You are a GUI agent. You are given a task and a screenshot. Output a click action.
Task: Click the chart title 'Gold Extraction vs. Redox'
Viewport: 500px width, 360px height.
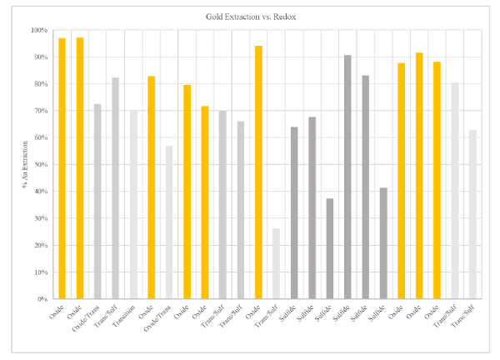(x=250, y=17)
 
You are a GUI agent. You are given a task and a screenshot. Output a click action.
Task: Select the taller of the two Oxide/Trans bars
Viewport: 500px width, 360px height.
(x=97, y=201)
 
